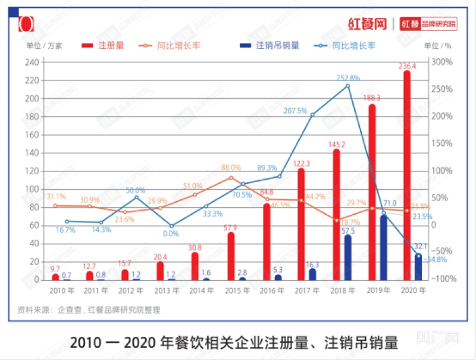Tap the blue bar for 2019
coord(384,248)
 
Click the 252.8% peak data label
coord(348,78)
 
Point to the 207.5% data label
coord(296,111)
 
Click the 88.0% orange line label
coord(231,168)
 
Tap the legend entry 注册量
coord(111,45)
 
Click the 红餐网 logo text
coord(367,24)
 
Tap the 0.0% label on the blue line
coord(171,234)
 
